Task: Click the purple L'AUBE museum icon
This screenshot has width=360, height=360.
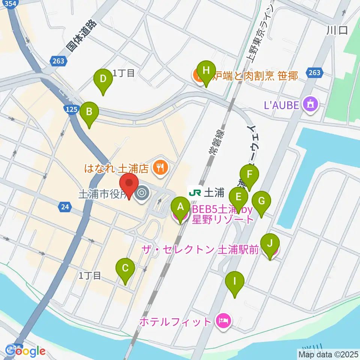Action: [x=311, y=104]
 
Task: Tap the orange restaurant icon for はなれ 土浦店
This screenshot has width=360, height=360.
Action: [x=160, y=168]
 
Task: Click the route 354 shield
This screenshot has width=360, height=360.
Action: [x=12, y=3]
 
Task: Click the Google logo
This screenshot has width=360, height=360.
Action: [x=25, y=351]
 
